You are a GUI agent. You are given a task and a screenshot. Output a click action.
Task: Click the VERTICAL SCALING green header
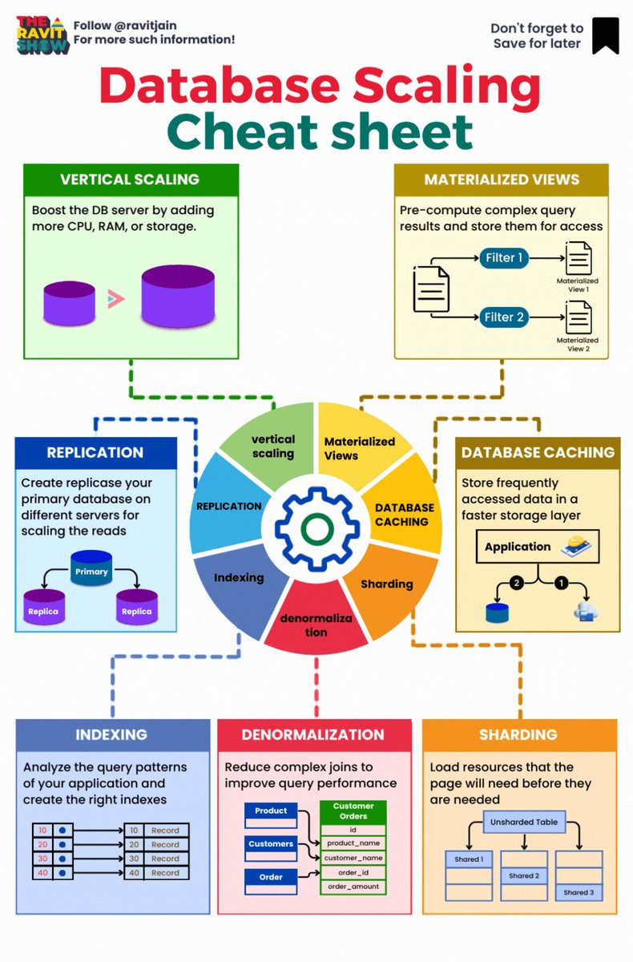tap(130, 180)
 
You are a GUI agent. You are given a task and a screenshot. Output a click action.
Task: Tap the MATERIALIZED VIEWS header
tap(502, 180)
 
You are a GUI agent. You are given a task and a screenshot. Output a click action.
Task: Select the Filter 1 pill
tap(504, 259)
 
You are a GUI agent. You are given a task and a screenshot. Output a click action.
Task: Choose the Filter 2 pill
tap(504, 317)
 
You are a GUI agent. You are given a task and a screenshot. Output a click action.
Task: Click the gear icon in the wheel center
tap(316, 526)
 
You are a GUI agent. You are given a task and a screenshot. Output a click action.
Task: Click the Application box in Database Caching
tap(518, 547)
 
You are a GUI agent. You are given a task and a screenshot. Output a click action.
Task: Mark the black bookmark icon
tap(605, 36)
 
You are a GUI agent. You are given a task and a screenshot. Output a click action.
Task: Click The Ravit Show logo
tap(42, 34)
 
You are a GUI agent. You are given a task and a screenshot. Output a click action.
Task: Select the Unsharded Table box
tap(524, 822)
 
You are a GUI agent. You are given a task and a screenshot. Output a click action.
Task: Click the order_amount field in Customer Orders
tap(353, 887)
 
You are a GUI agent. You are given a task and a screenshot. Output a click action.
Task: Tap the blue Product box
tap(271, 811)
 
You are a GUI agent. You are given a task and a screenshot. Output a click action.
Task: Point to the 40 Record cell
tap(157, 872)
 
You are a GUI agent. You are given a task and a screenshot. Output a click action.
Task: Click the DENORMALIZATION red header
tap(312, 734)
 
